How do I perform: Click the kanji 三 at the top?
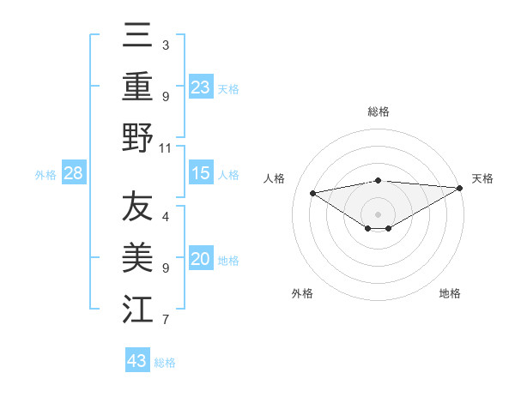coord(137,36)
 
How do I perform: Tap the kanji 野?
coord(137,137)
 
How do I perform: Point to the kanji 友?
coord(137,208)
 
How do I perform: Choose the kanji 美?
coord(137,259)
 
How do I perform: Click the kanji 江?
coord(137,310)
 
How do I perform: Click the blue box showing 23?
coord(201,87)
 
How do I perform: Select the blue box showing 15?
coord(201,174)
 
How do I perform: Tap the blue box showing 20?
coord(201,260)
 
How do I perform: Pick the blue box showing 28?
coord(74,174)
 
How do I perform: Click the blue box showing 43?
coord(137,361)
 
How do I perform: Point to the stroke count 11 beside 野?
coord(166,147)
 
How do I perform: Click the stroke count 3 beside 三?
coord(166,44)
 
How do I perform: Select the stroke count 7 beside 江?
coord(166,321)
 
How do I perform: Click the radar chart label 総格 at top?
coord(379,111)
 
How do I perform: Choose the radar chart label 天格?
coord(482,178)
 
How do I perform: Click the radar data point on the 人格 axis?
coord(313,192)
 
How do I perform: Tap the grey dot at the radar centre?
coord(379,214)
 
